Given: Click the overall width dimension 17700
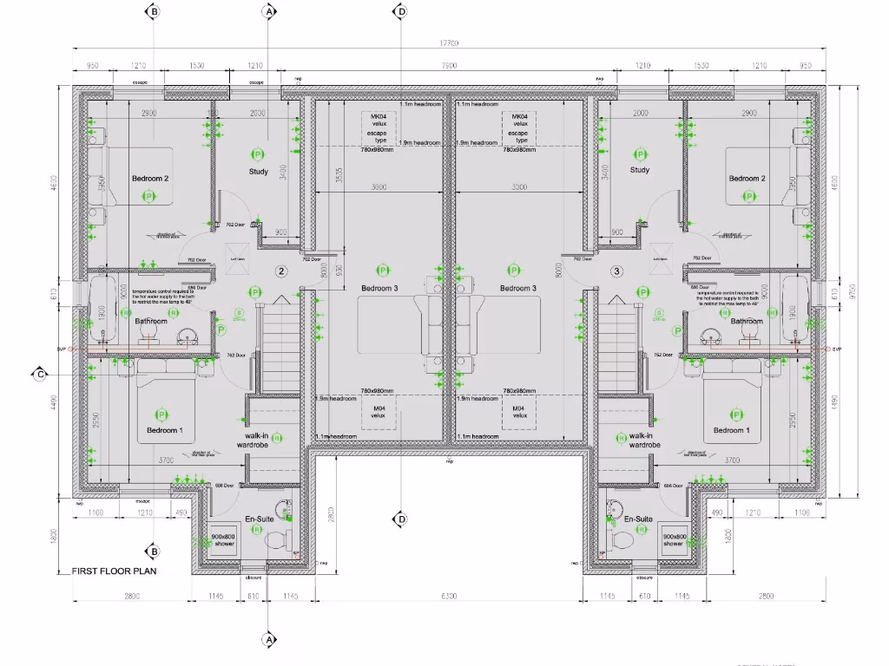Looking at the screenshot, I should point(449,43).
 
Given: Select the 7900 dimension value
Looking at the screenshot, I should point(449,66).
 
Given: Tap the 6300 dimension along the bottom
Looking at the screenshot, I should point(448,597).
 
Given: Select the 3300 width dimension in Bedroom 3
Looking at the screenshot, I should point(519,187).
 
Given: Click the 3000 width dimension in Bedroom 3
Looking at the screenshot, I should point(379,187).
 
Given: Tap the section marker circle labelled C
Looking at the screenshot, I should point(39,375).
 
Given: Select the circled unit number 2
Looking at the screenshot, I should point(281,271).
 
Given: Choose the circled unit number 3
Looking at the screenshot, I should point(616,271).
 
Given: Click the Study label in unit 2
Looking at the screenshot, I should point(259,172).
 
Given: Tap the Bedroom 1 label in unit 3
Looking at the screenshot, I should point(728,430).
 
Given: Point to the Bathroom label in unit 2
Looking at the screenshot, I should point(151,321).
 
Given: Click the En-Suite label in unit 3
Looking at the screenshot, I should point(638,519).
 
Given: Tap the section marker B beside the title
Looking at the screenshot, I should point(154,552).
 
